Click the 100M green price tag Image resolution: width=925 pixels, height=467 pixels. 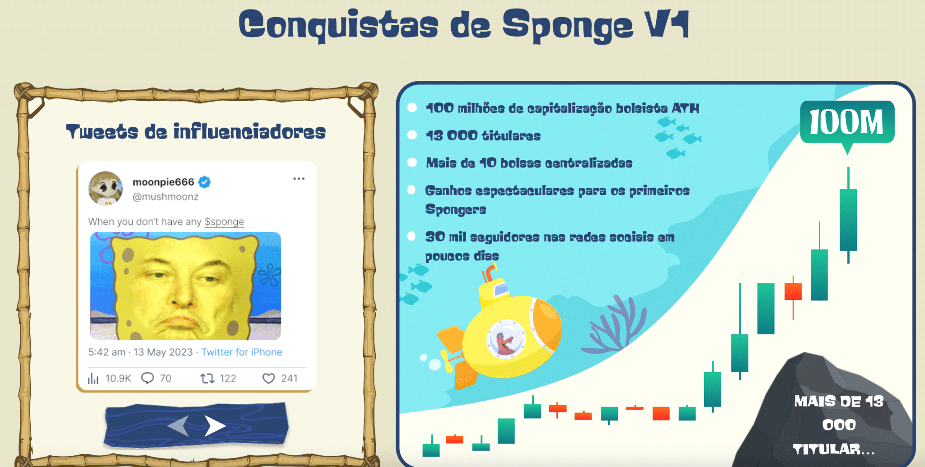(847, 122)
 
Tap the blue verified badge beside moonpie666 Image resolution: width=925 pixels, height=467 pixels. (205, 182)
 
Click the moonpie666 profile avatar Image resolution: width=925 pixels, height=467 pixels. (106, 188)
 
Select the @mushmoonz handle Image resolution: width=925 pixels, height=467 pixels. (165, 196)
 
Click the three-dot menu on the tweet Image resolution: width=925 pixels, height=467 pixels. (299, 179)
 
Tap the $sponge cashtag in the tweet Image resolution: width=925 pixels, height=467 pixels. (224, 222)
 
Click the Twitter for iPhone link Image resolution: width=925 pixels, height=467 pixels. (242, 352)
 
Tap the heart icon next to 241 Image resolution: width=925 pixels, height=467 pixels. (269, 378)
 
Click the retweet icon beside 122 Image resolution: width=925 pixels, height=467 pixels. (207, 378)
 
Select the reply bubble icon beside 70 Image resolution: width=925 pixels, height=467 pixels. (148, 378)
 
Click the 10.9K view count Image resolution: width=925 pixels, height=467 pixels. (118, 378)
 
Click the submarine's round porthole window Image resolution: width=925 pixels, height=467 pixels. (506, 338)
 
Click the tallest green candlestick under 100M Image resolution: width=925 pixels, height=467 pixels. (848, 215)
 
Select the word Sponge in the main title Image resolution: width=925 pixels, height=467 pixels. (568, 26)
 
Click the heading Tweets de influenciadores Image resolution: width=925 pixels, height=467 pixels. (196, 131)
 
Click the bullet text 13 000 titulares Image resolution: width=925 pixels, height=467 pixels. (483, 135)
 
